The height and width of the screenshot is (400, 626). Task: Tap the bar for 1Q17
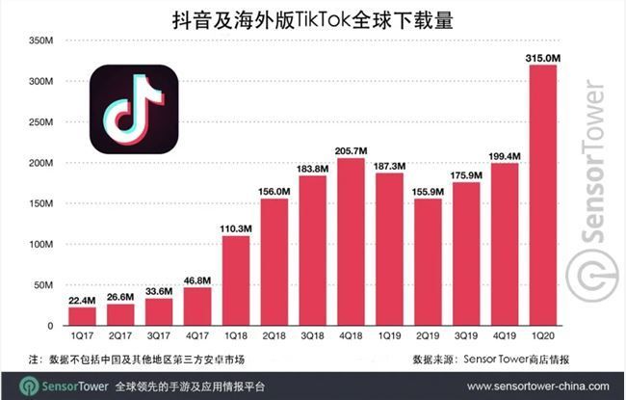coord(83,315)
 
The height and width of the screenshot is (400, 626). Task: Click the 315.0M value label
coord(542,59)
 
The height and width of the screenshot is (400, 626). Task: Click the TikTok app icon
coord(134,109)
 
